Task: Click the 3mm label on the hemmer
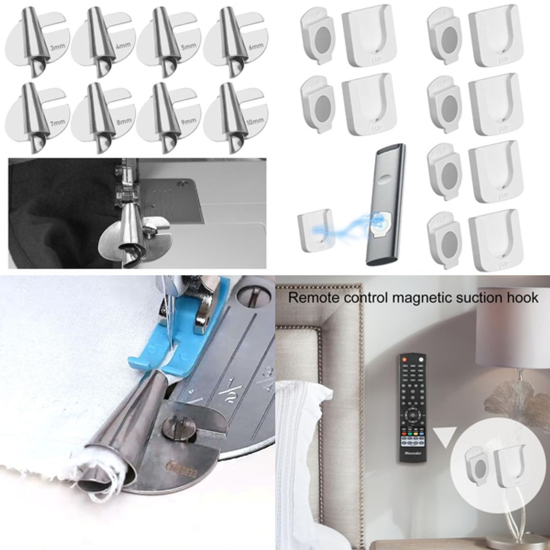(57, 48)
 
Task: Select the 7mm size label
(57, 122)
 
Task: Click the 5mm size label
(188, 47)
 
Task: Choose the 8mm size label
(122, 122)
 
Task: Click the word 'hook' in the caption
(522, 297)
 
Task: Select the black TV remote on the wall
(413, 407)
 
